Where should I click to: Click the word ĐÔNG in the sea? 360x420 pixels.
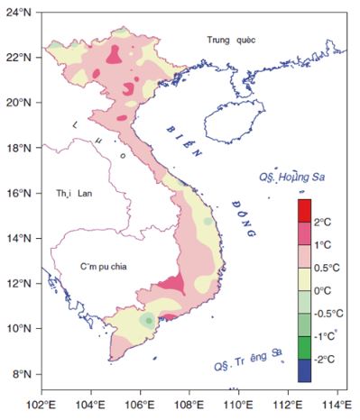tap(241, 217)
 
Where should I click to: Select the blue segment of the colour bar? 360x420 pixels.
tap(305, 370)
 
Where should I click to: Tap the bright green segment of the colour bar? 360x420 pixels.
tap(305, 347)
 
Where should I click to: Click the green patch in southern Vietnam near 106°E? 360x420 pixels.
tap(147, 321)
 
